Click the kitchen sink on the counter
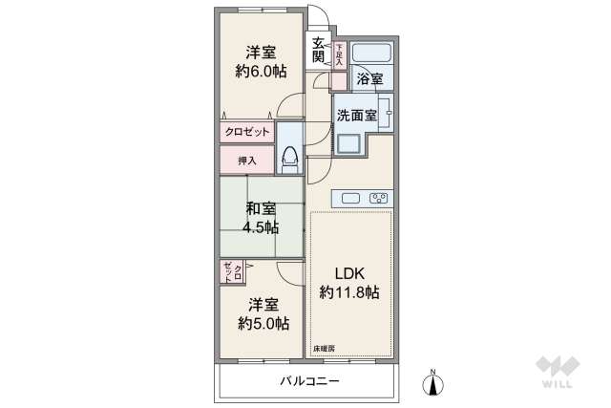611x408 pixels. coord(350,199)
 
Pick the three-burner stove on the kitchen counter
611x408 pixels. coord(378,199)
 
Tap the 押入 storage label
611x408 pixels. coord(246,161)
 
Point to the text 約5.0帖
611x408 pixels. coord(263,324)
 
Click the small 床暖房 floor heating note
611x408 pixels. coord(323,351)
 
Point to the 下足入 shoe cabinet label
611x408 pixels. coord(339,53)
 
